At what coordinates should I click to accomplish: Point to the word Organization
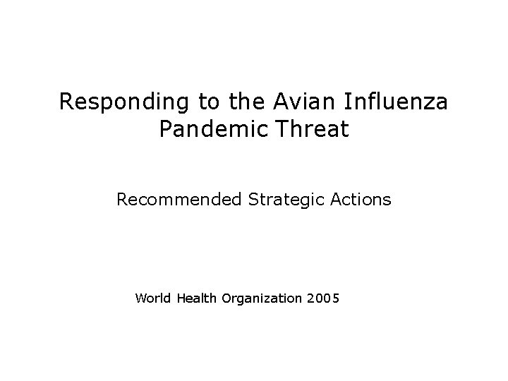(x=262, y=298)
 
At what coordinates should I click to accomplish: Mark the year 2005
(x=324, y=298)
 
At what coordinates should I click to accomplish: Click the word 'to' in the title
(x=208, y=103)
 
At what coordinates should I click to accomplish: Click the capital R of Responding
(x=66, y=102)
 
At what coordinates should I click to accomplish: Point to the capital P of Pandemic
(x=165, y=129)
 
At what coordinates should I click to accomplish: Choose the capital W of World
(x=139, y=298)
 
